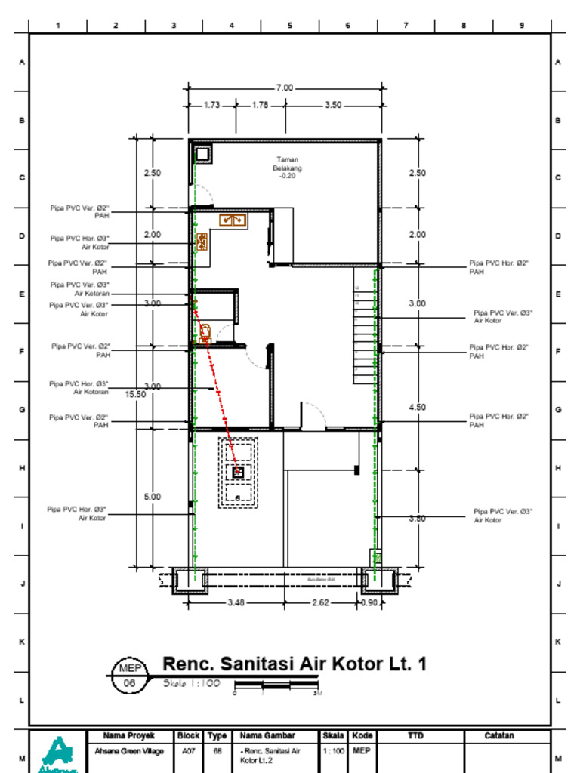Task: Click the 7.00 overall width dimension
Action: pos(284,88)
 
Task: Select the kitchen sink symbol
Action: pos(232,220)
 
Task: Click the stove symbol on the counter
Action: pos(202,242)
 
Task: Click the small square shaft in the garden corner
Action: pos(202,154)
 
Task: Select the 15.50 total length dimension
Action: pos(136,394)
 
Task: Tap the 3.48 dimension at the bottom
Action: pos(236,602)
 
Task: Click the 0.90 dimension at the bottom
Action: pos(370,602)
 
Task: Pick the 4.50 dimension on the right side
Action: pos(417,407)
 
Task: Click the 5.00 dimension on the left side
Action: pos(153,497)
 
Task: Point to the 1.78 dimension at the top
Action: pos(260,106)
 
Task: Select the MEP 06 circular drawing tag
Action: pos(128,676)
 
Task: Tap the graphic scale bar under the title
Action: pos(277,685)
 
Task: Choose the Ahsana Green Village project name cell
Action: pos(128,752)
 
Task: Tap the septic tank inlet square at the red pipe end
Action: pos(238,472)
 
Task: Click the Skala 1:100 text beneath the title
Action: pos(192,684)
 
